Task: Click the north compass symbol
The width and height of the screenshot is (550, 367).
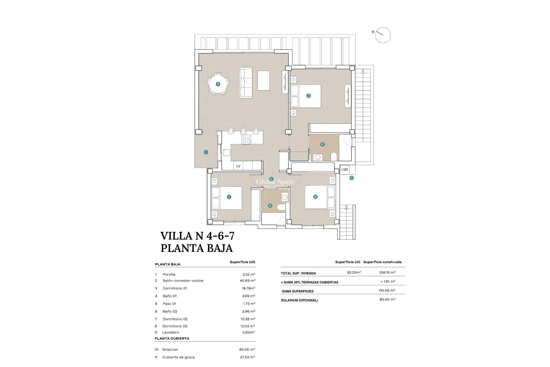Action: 383,35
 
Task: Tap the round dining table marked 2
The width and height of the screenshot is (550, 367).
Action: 218,84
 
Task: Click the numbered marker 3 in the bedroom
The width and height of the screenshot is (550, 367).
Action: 309,96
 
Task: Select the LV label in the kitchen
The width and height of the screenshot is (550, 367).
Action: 238,166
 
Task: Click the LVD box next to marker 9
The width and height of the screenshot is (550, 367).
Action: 344,169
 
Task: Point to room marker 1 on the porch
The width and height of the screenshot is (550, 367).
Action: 206,152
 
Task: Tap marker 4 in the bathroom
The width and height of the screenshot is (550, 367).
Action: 322,144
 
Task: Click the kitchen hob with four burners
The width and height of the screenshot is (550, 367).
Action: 246,140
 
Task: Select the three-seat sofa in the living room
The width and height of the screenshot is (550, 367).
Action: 246,83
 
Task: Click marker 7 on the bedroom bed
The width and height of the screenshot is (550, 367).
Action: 229,197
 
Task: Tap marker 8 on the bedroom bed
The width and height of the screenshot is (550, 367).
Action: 315,197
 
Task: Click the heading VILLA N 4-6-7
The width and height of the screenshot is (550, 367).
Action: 197,236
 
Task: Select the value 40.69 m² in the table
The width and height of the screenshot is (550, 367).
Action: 247,281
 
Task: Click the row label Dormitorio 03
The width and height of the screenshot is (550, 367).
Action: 175,326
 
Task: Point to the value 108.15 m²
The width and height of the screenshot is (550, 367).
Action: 387,273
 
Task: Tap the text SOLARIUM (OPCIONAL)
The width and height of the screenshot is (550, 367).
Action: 299,300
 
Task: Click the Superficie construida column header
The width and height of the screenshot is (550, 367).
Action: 382,262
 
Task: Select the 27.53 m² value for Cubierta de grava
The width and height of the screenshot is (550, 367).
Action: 247,357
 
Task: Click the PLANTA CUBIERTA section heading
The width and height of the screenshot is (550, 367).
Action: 172,339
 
